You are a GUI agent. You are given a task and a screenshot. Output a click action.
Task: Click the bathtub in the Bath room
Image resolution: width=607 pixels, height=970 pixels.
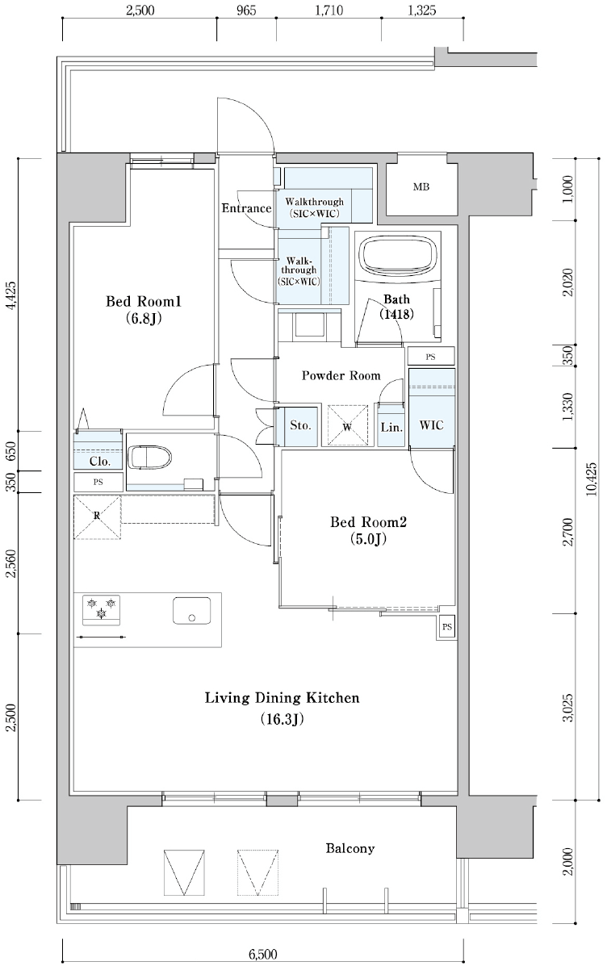click(x=397, y=256)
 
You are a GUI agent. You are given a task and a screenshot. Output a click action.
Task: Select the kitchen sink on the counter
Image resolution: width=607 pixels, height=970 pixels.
click(x=191, y=611)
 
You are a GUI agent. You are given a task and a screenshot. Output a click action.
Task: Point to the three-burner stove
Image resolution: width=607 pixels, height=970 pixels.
click(x=102, y=610)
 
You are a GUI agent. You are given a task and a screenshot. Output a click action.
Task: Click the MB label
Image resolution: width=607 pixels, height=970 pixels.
click(x=421, y=187)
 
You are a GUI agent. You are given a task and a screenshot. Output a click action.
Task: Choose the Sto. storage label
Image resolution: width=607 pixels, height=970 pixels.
click(x=301, y=425)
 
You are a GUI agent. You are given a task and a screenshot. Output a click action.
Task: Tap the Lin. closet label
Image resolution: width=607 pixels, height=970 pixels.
click(x=391, y=428)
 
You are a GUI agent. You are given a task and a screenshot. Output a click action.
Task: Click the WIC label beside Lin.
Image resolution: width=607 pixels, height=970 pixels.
click(x=432, y=425)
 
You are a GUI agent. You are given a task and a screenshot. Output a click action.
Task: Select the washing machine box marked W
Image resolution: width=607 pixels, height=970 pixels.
click(x=347, y=424)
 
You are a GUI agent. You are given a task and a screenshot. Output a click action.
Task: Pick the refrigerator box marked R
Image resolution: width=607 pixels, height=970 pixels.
click(x=97, y=517)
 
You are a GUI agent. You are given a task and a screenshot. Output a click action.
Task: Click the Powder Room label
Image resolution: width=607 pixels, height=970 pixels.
click(x=341, y=375)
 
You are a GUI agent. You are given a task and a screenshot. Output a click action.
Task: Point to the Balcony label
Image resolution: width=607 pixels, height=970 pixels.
click(x=350, y=848)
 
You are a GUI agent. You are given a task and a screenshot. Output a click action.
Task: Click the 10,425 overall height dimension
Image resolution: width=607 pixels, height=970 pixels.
click(x=592, y=479)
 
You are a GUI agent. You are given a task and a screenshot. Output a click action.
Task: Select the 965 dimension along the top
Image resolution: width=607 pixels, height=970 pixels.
click(x=246, y=10)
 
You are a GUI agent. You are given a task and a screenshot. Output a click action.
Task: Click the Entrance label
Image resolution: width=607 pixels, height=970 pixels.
click(x=246, y=208)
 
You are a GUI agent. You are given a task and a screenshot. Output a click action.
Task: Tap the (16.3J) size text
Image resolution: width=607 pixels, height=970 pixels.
click(x=282, y=719)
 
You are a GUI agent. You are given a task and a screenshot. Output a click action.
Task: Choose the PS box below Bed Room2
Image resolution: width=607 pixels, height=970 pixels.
click(x=446, y=626)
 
